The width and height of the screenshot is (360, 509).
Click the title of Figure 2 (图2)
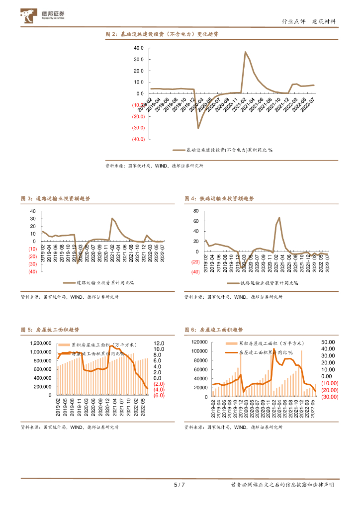(x=163, y=34)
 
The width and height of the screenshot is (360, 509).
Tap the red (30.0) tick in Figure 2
(x=138, y=128)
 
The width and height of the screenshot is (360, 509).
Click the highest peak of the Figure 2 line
(x=245, y=52)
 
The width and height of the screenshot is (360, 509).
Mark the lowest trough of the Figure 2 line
(x=198, y=128)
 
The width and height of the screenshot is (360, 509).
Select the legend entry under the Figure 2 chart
(x=223, y=150)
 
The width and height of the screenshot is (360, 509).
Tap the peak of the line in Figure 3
(x=112, y=218)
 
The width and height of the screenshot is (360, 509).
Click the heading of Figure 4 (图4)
(x=219, y=198)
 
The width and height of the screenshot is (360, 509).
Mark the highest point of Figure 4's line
(x=279, y=217)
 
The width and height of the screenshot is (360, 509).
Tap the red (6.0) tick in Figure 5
(x=159, y=396)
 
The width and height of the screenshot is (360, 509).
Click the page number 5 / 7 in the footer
(x=180, y=485)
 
